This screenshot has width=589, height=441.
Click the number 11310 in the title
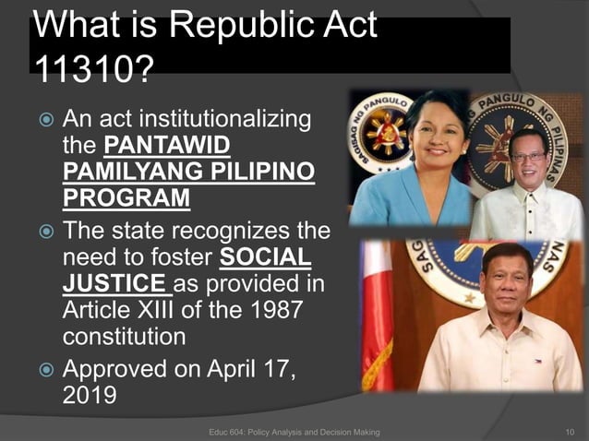[80, 67]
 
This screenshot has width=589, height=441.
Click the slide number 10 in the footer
[569, 432]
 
